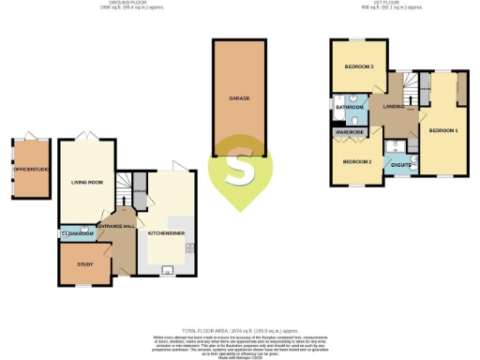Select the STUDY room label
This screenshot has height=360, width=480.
(x=83, y=264)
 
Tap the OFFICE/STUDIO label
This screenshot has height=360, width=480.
(x=31, y=170)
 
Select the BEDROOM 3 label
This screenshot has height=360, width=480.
(x=358, y=67)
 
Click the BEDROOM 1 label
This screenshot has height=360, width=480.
(x=443, y=129)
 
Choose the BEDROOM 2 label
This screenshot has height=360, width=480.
(x=357, y=162)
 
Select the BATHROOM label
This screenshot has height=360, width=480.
(x=350, y=108)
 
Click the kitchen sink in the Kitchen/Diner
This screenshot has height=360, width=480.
(x=167, y=271)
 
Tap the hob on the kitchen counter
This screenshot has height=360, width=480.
(x=190, y=247)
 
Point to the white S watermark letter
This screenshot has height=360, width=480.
(x=240, y=171)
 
